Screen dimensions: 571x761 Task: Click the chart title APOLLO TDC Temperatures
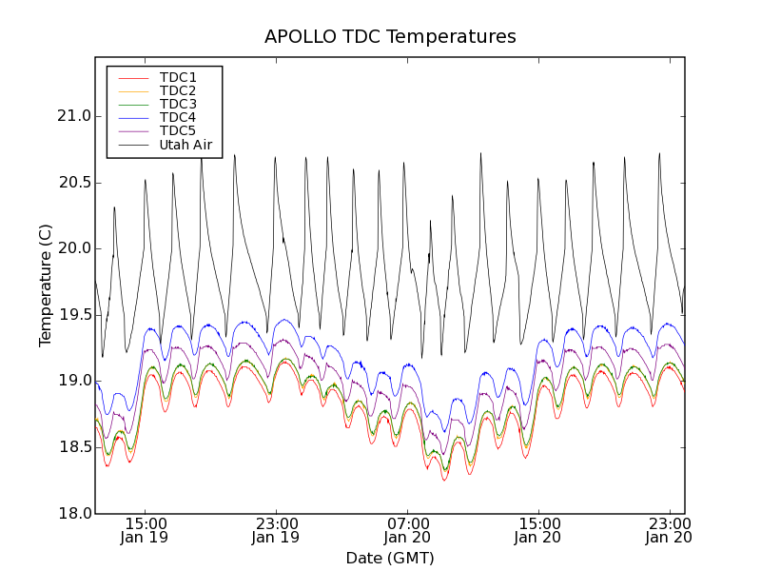390,37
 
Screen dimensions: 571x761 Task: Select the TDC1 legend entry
178,77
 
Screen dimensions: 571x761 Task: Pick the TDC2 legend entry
178,90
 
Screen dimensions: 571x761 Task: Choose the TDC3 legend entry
178,104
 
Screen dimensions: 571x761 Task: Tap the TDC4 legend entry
178,117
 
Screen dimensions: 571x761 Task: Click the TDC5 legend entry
178,130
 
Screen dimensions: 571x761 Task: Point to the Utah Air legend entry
185,145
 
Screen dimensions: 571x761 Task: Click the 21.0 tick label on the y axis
73,116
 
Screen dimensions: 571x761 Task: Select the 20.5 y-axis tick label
73,183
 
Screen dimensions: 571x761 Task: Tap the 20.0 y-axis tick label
73,248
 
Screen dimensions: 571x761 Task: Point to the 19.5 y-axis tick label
73,315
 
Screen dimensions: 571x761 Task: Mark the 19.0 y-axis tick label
73,381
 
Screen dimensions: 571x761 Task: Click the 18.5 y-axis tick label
73,447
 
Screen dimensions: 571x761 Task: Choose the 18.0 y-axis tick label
73,513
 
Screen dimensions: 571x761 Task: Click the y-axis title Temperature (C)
46,285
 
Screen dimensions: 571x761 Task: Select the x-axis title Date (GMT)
390,558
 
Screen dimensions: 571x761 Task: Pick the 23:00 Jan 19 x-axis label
276,530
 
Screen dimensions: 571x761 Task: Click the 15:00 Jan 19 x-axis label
145,530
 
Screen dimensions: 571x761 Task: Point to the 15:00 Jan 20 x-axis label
538,530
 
